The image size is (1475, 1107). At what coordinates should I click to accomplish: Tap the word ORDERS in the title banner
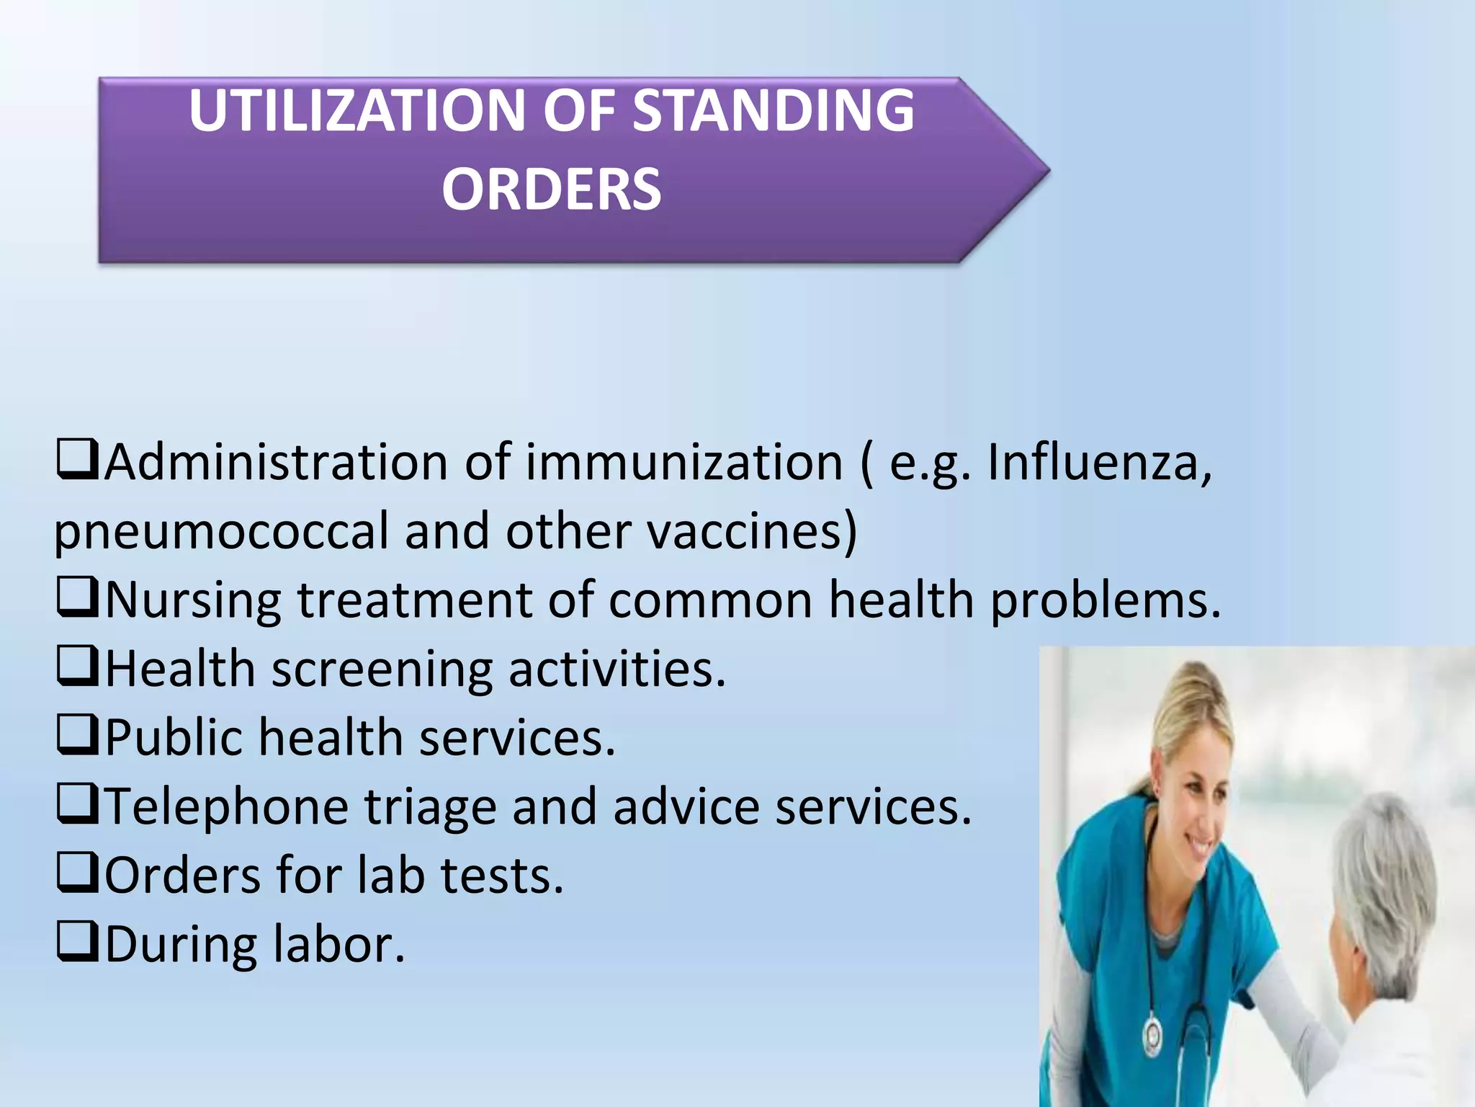coord(551,190)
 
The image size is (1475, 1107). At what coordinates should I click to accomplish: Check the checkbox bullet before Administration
coord(77,461)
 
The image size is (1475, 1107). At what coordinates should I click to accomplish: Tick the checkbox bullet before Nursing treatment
coord(77,598)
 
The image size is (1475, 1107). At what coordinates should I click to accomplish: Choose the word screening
coord(382,670)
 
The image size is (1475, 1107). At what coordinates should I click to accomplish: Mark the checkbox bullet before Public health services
coord(77,736)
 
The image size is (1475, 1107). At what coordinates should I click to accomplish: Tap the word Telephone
coord(227,806)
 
